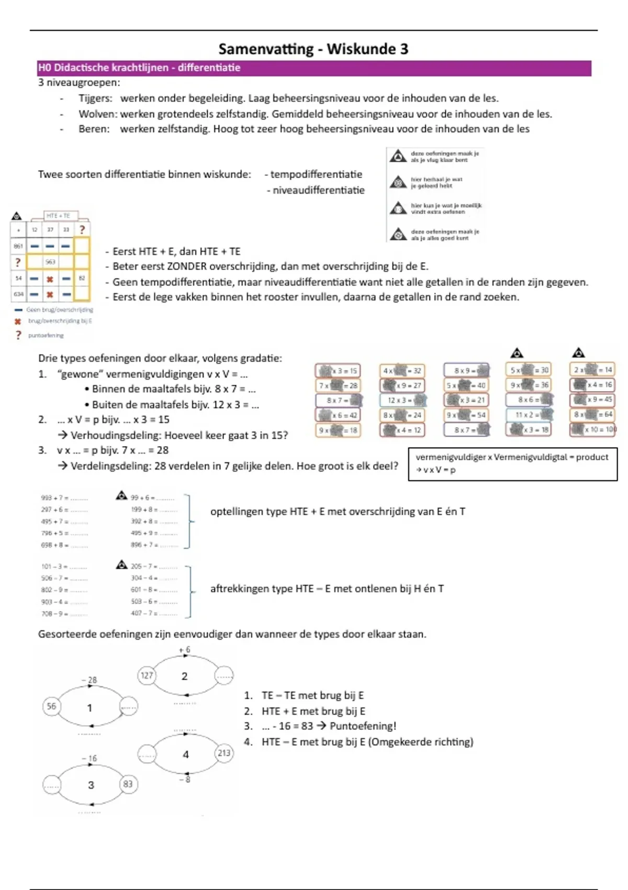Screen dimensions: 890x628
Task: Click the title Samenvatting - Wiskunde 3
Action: point(313,49)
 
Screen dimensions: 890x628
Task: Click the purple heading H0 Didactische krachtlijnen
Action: point(139,68)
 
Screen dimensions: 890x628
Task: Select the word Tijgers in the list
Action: point(95,98)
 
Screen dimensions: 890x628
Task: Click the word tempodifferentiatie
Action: point(316,174)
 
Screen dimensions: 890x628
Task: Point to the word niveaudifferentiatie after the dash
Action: point(318,190)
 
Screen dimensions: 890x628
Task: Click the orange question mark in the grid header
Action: point(82,229)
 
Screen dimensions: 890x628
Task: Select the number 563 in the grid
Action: point(50,262)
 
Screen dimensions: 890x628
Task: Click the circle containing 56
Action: point(51,706)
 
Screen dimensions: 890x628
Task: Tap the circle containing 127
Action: point(147,675)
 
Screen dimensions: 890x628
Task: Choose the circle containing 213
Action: point(224,753)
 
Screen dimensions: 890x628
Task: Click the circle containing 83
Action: point(128,784)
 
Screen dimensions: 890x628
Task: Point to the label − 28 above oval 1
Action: point(89,680)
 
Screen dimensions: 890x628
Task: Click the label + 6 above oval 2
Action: point(184,650)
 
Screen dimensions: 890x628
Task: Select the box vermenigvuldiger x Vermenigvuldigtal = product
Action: point(512,463)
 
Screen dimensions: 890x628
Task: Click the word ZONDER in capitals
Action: point(187,266)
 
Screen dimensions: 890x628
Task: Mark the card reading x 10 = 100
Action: point(593,429)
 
